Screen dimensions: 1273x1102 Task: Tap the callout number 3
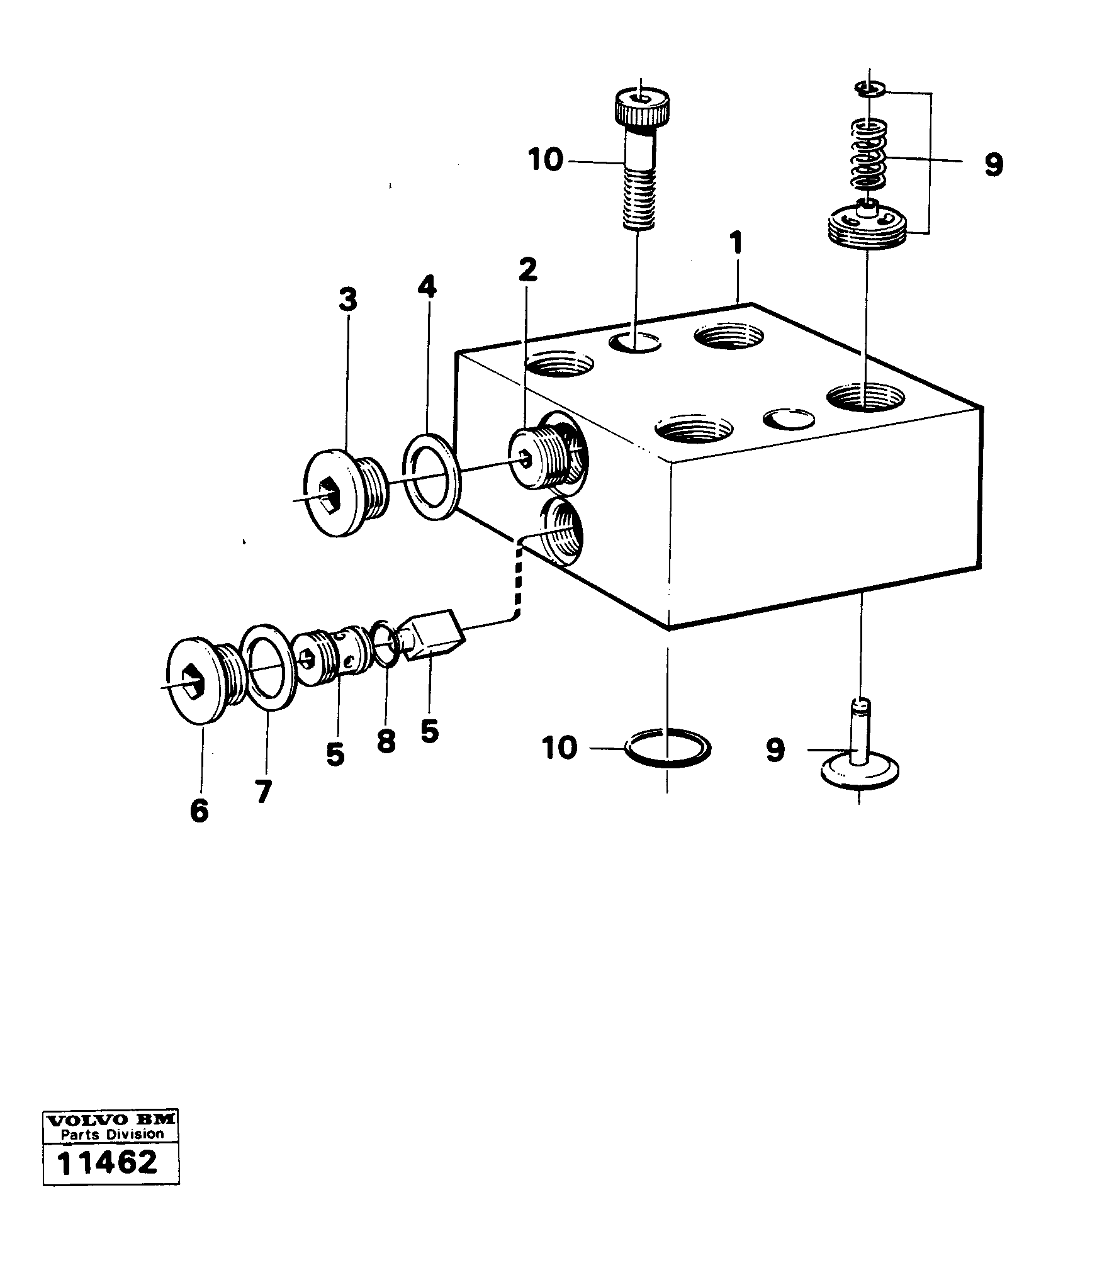point(347,300)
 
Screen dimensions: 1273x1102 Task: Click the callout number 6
point(199,810)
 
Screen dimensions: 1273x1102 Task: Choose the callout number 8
point(386,741)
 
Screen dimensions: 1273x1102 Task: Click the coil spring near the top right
point(868,154)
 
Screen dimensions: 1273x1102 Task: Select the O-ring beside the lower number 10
point(668,747)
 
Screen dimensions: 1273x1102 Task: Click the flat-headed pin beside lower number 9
point(860,758)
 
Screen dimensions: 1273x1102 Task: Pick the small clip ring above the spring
point(872,88)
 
